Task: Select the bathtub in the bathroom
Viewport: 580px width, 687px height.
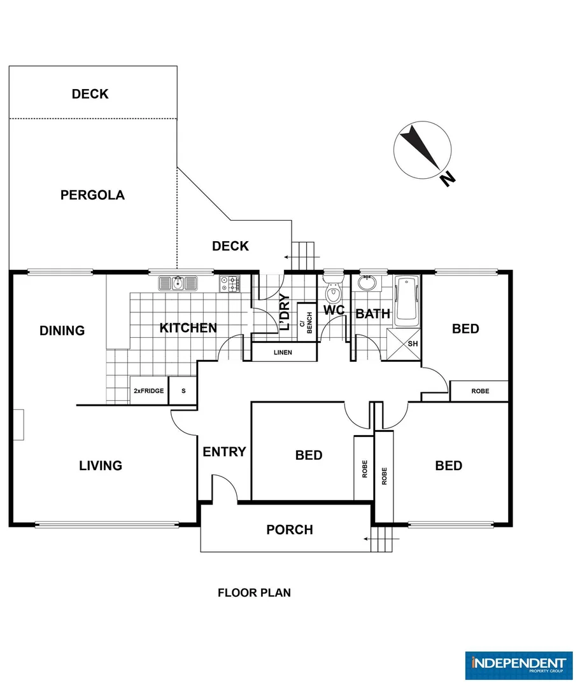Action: [407, 301]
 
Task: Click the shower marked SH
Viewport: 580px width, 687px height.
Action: [403, 344]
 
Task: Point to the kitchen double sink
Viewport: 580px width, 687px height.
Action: [178, 283]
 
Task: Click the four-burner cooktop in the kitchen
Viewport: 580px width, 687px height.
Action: [230, 284]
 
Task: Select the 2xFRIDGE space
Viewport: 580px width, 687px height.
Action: [149, 391]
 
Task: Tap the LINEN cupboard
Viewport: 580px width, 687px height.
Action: [284, 352]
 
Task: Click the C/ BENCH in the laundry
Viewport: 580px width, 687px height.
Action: [307, 323]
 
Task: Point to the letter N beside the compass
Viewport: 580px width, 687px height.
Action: [448, 178]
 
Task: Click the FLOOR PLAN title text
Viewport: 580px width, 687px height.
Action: [254, 593]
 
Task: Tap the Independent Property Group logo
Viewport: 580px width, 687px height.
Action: [519, 665]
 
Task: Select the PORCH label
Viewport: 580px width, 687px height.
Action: [290, 530]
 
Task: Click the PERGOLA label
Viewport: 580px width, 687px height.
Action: [92, 195]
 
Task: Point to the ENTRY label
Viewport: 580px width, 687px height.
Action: [225, 452]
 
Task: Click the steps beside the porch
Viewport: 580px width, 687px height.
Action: [381, 539]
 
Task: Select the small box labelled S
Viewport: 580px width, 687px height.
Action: [183, 391]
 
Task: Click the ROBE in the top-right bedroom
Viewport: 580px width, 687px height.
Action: [479, 391]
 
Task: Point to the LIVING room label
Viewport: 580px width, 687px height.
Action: [101, 465]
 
